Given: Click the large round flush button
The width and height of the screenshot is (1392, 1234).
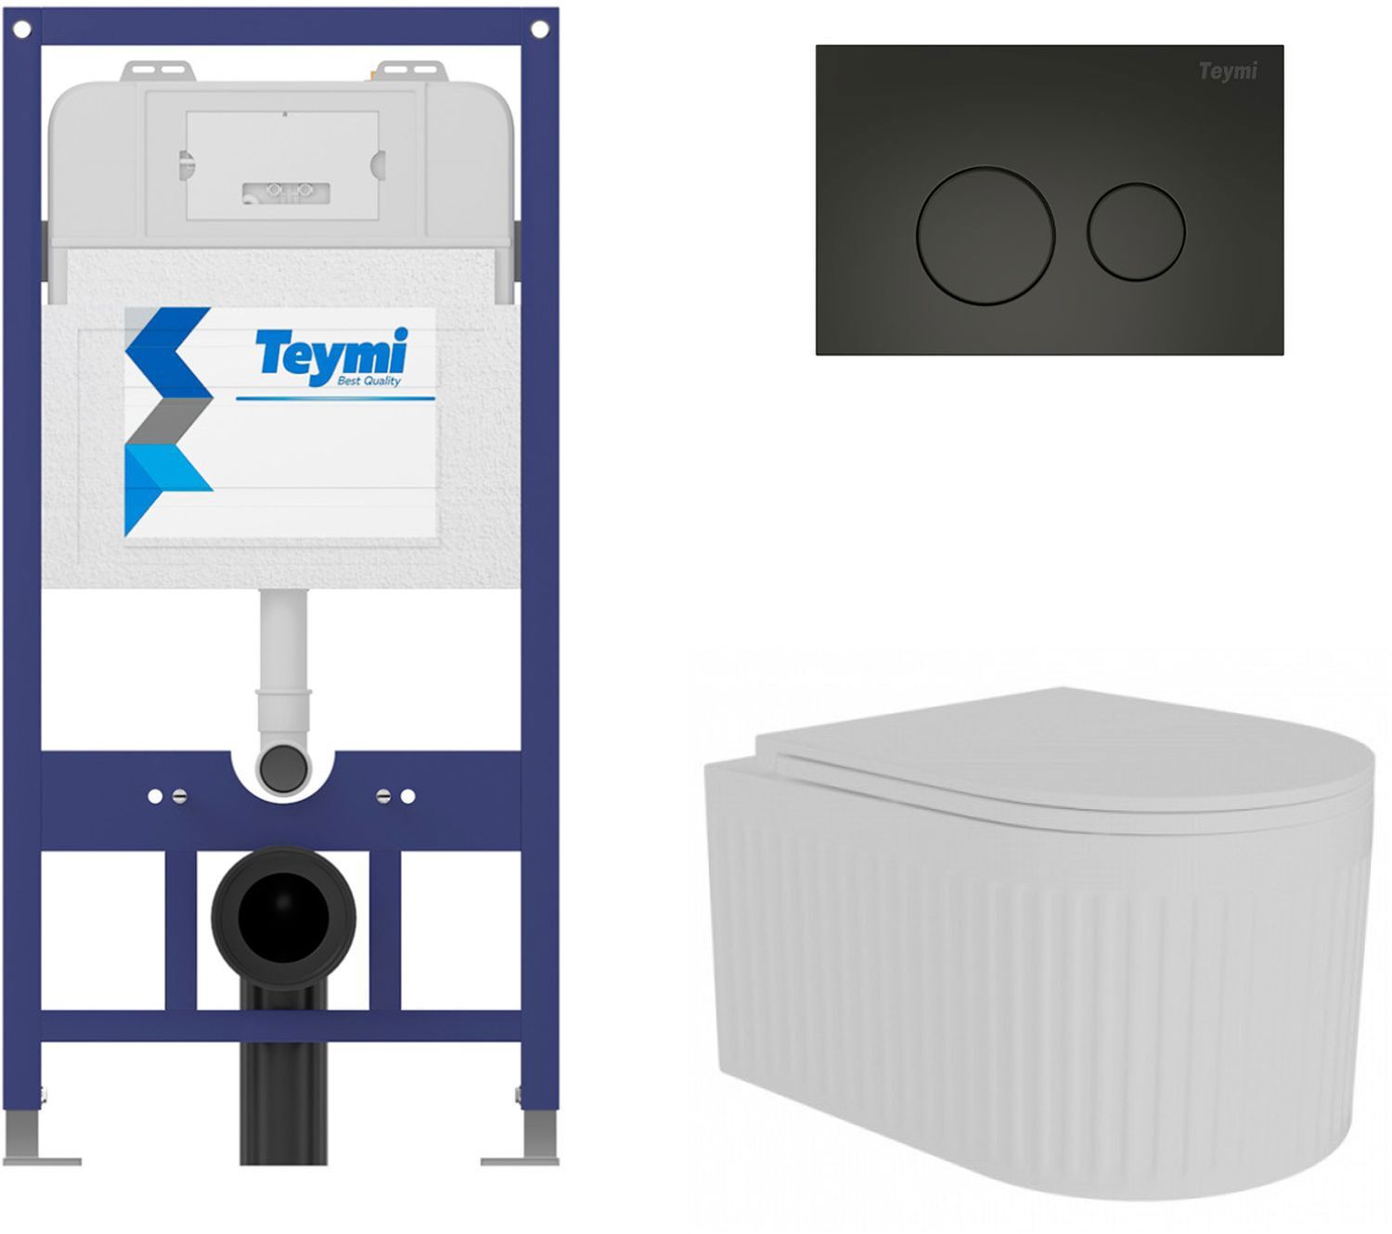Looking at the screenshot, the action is click(x=985, y=235).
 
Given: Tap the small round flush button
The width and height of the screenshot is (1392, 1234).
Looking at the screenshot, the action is click(x=1136, y=232).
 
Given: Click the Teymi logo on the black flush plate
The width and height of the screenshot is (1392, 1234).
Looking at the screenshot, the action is click(x=1228, y=71).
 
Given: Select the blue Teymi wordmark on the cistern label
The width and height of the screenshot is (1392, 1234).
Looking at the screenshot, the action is click(x=332, y=353).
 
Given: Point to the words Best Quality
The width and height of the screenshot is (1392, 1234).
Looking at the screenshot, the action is click(x=368, y=380).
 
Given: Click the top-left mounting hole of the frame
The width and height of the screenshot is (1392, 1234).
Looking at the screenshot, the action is click(x=21, y=30).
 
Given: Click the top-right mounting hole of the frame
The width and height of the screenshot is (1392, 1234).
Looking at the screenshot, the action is click(x=540, y=30).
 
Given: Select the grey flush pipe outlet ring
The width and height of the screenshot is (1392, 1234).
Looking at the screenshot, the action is click(x=282, y=767).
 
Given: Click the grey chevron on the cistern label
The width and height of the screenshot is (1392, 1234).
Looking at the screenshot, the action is click(x=169, y=420).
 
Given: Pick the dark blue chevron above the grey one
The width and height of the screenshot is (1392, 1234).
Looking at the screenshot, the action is click(x=169, y=352).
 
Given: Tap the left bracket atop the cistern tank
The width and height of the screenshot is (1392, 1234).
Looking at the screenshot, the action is click(x=158, y=71).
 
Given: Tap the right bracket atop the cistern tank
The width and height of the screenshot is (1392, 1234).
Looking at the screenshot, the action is click(x=411, y=71).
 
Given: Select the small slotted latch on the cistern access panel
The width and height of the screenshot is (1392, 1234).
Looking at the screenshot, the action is click(x=286, y=193).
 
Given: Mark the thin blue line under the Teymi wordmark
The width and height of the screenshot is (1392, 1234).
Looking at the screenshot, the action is click(x=335, y=399).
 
